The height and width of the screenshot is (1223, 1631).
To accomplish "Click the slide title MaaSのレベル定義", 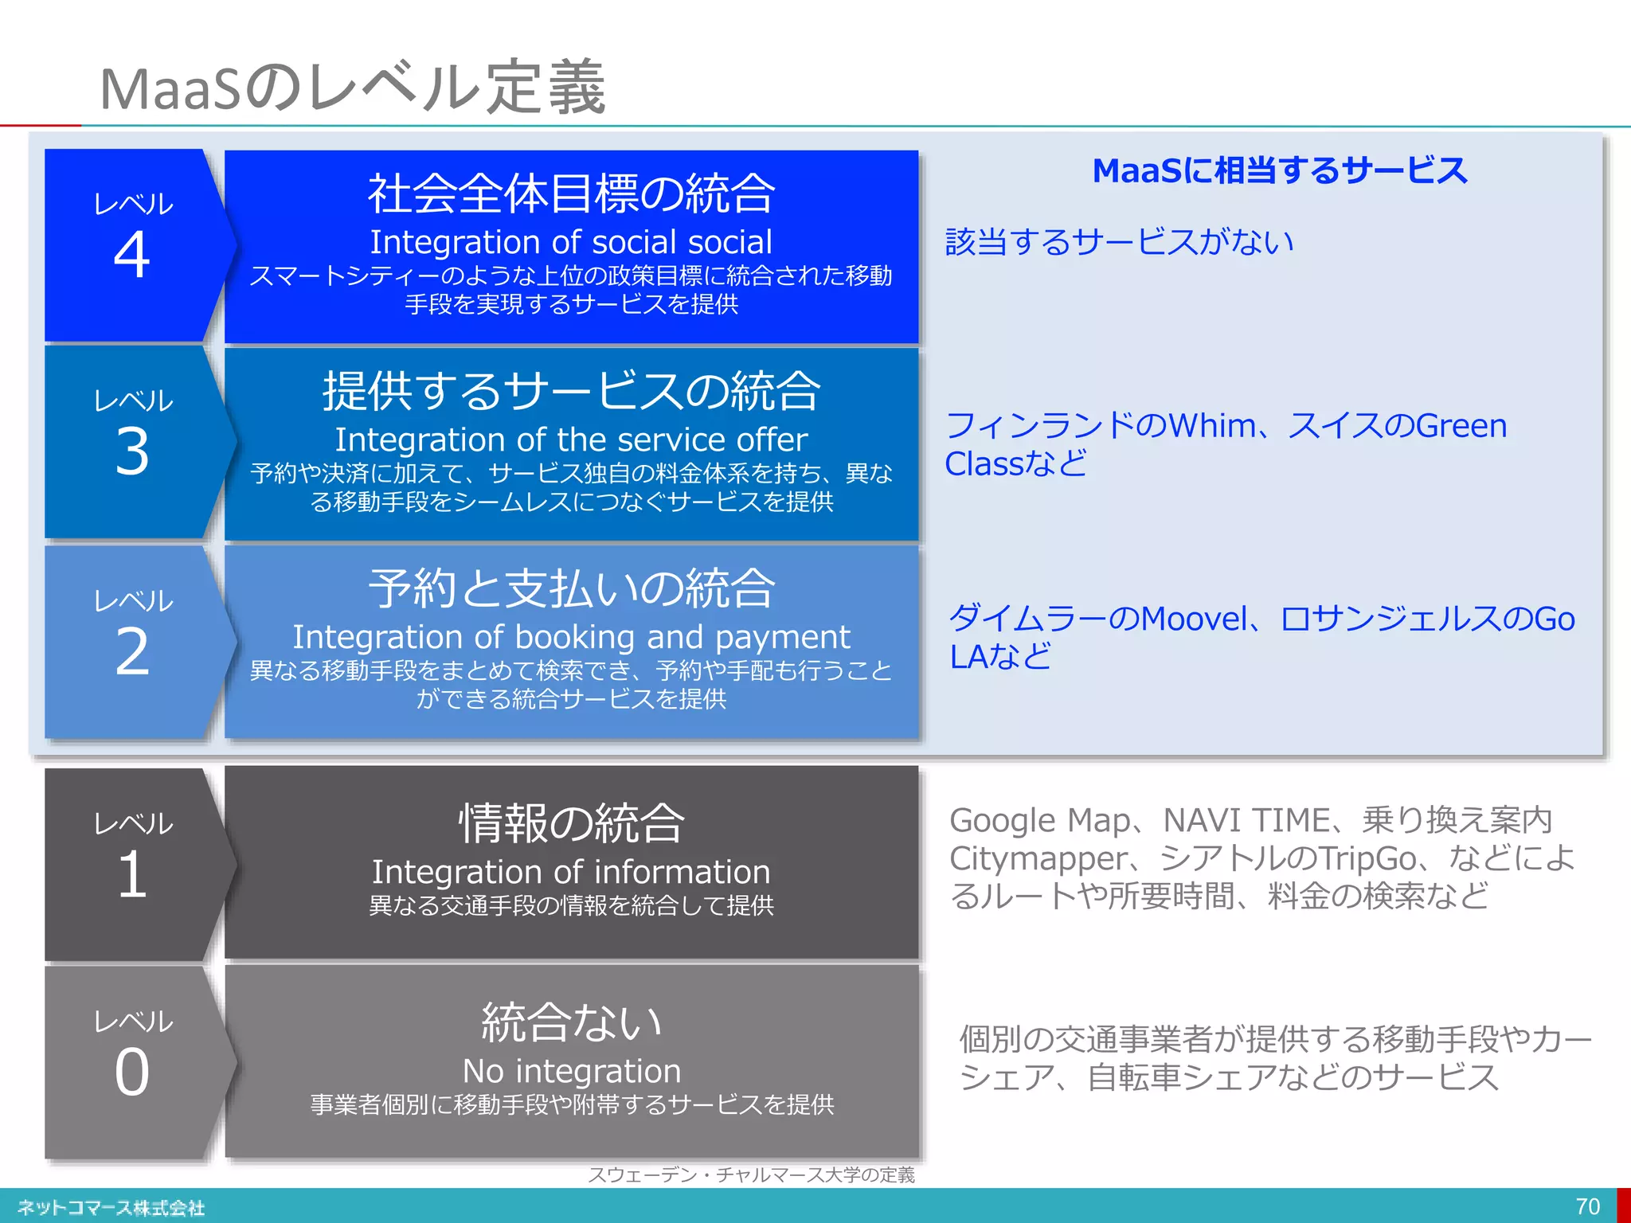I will pos(353,88).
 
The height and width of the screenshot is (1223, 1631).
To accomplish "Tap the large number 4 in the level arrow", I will pos(132,255).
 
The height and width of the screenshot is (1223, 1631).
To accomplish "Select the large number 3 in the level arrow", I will pos(132,451).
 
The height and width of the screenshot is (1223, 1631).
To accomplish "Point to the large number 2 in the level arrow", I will pos(132,652).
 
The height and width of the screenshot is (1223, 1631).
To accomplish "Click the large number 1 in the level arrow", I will pos(132,874).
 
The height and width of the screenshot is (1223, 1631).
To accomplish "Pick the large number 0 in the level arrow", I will pos(132,1072).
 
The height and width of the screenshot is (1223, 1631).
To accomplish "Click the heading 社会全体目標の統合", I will pos(571,193).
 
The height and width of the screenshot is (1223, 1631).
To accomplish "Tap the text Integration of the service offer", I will pos(571,440).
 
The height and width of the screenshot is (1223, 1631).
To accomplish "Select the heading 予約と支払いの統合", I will pos(571,588).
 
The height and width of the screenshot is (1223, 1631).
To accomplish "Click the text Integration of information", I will pos(571,872).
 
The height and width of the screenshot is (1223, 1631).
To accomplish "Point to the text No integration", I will pos(571,1071).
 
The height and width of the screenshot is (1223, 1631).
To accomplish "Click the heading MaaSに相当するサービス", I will pos(1279,171).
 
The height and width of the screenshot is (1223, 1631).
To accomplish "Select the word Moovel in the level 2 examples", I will pos(1195,619).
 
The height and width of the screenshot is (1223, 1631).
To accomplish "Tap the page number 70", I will pos(1587,1206).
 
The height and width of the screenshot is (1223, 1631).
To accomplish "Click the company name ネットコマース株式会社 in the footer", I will pos(111,1208).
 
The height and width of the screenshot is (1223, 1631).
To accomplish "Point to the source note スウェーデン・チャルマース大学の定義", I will pos(751,1175).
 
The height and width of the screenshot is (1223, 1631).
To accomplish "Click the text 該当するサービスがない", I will pos(1119,242).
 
